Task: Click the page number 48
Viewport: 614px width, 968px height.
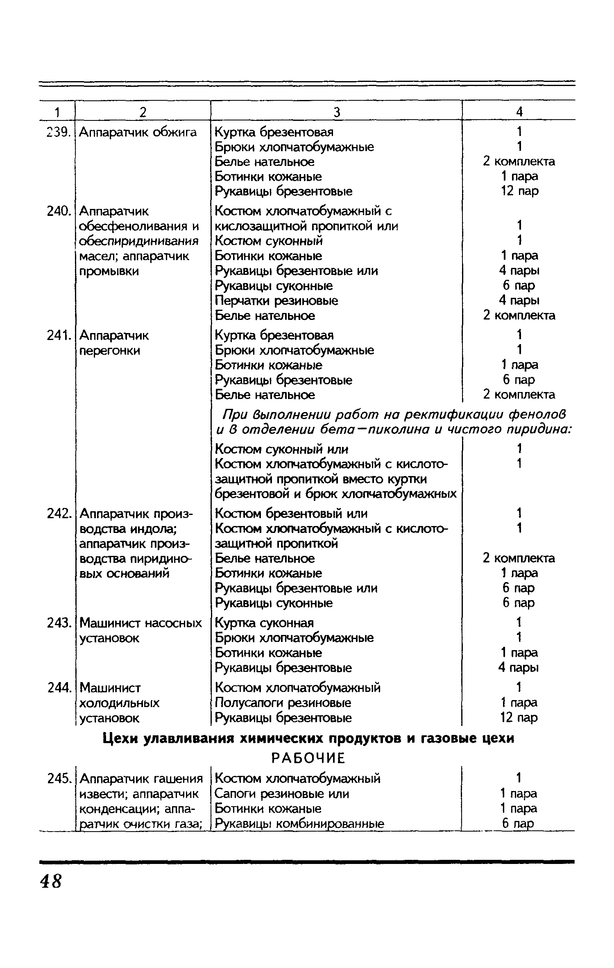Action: click(x=51, y=880)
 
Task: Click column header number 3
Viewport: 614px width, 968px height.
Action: click(x=336, y=112)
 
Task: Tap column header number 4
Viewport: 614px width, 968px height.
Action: click(x=519, y=111)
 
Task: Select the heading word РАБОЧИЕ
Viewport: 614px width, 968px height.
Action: click(x=308, y=759)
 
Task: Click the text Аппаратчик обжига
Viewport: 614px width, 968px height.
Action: click(x=138, y=132)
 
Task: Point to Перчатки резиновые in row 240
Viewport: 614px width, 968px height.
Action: click(x=276, y=301)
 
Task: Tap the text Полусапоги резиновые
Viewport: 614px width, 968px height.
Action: click(x=283, y=703)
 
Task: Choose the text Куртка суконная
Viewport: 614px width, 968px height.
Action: click(x=264, y=623)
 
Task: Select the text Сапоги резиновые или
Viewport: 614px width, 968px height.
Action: click(x=282, y=793)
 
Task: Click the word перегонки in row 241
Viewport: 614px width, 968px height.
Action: click(x=109, y=351)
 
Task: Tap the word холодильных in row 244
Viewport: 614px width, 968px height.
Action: click(x=119, y=703)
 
